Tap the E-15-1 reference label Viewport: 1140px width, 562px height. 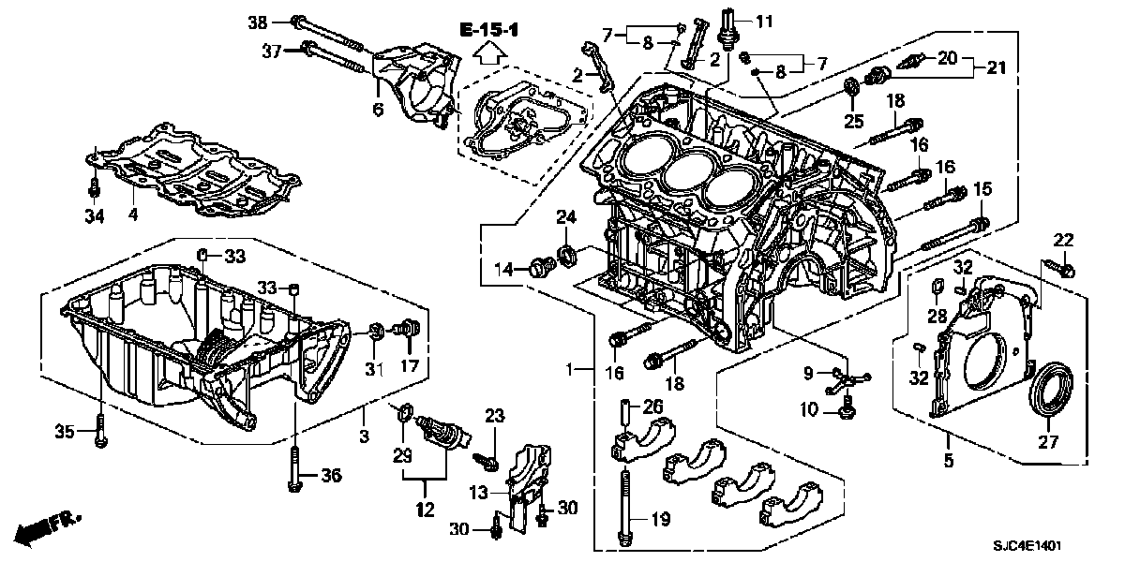(489, 30)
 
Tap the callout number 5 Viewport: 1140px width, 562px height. (949, 461)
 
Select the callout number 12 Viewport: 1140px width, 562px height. (425, 510)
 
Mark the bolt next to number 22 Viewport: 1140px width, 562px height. (1069, 269)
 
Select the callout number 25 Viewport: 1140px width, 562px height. (852, 121)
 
